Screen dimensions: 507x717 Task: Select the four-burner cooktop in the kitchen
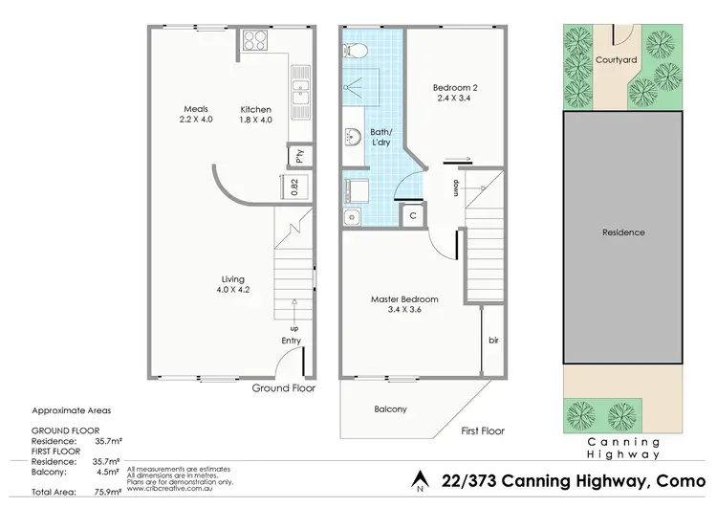tap(256, 40)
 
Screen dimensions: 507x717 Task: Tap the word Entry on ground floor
tap(291, 341)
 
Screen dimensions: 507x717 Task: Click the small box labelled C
tap(412, 216)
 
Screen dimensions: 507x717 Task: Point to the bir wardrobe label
tap(493, 340)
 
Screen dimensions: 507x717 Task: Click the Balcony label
tap(390, 409)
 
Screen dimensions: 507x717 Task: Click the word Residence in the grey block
tap(622, 232)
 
